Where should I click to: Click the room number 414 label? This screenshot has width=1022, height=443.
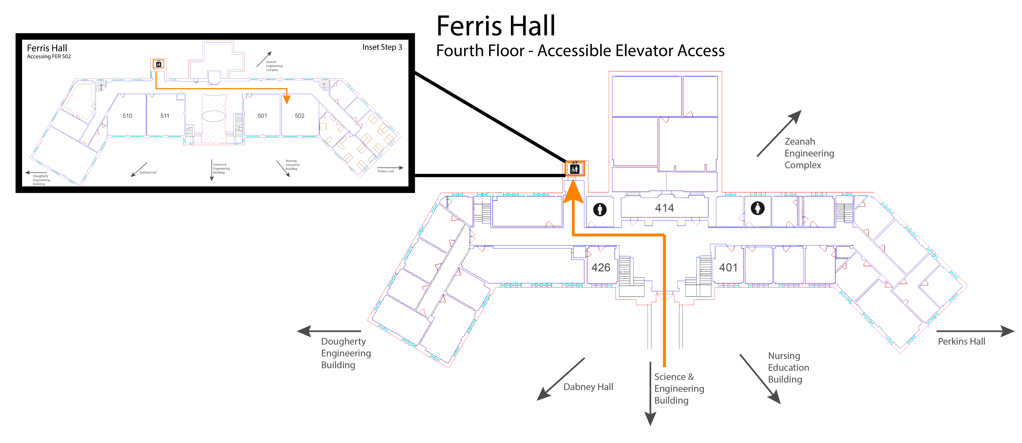pos(665,208)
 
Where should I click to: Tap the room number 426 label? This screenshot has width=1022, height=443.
pos(601,268)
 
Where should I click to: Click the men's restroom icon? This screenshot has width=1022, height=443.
pos(600,209)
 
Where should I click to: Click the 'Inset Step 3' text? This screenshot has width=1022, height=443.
pos(382,47)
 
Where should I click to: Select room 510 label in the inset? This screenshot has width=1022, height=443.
pos(127,116)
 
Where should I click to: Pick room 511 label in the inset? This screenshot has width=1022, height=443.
pos(165,116)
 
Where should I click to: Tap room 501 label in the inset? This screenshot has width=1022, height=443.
pos(262,116)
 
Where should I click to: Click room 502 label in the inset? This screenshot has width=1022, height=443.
pos(300,116)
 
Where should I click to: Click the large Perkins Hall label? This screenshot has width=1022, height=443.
pos(961,341)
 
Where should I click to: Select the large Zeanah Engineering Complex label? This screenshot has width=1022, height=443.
pos(809,153)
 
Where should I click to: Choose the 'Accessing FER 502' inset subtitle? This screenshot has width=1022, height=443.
pos(49,56)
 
